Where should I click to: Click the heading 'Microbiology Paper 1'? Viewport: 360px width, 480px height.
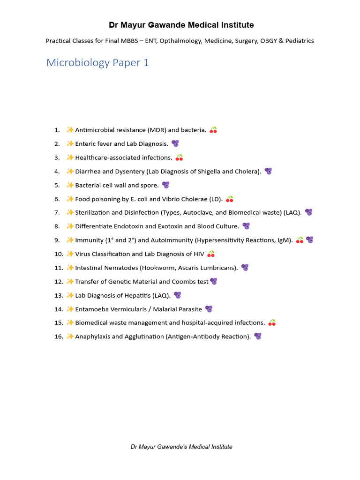click(97, 62)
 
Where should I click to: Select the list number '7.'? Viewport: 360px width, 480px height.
click(57, 212)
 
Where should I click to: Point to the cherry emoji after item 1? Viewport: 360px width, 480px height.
click(213, 130)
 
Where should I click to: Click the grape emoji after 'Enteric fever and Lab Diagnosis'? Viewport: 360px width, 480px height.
click(175, 143)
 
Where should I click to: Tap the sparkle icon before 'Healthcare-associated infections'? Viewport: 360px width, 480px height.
click(70, 157)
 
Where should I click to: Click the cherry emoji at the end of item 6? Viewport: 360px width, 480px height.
click(230, 199)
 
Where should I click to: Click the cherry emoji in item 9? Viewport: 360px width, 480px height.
click(300, 240)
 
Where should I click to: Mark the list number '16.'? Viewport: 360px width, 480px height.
click(58, 337)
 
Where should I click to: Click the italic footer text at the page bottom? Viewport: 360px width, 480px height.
click(181, 447)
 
